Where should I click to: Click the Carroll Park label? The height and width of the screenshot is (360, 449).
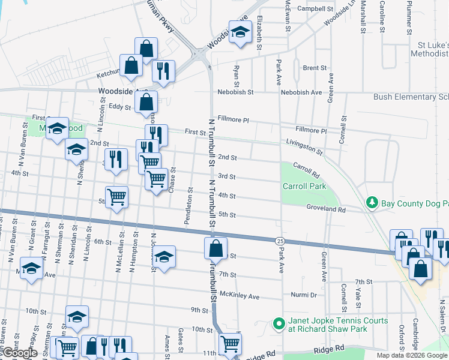coord(304,186)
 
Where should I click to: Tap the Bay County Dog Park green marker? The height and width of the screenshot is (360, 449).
coord(373,203)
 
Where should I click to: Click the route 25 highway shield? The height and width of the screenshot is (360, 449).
coord(280,241)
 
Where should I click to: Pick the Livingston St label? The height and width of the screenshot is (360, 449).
coord(304,143)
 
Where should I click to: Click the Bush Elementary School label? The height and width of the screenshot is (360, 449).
coord(411,96)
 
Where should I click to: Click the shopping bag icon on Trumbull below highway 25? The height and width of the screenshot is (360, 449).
coord(215,248)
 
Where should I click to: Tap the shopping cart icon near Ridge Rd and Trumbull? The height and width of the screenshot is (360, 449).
coord(230,344)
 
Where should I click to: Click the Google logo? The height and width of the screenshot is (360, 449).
coord(19,353)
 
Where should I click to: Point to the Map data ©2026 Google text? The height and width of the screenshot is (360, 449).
coord(412,355)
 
